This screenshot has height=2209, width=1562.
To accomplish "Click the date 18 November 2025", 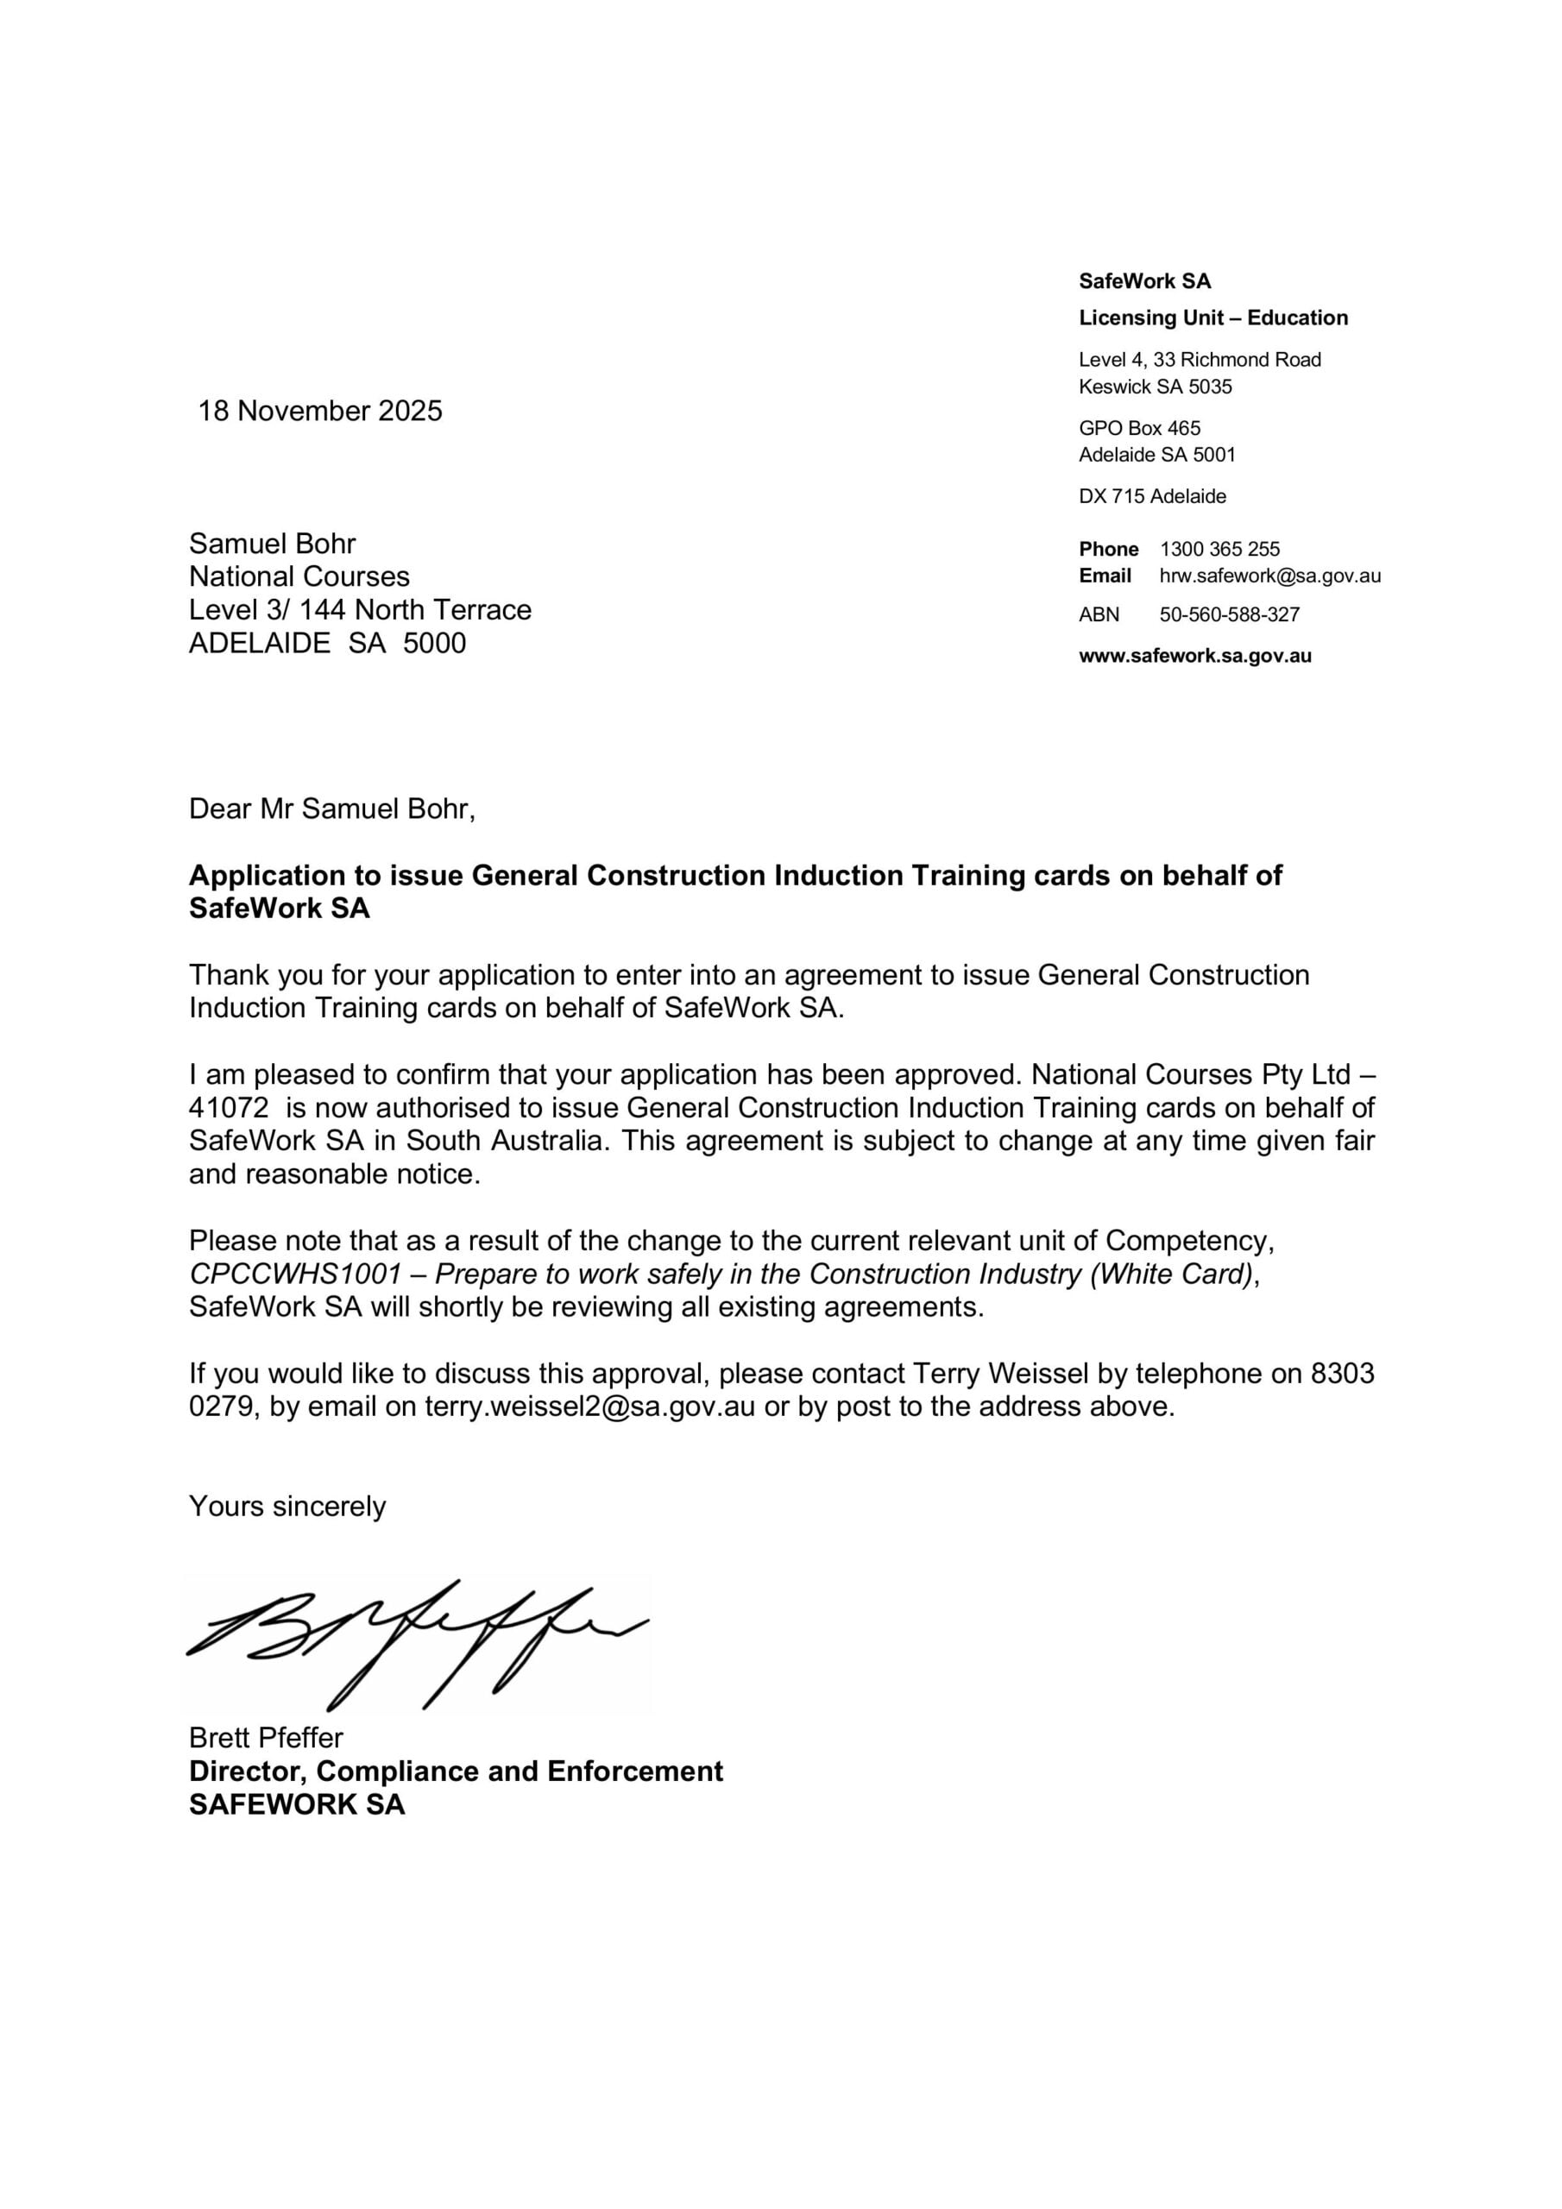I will pyautogui.click(x=319, y=411).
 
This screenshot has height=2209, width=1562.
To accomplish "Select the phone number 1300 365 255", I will pyautogui.click(x=1219, y=550).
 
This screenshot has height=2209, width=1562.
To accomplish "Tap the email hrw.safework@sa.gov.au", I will pyautogui.click(x=1269, y=576).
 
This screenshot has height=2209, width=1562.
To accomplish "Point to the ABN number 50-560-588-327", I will pyautogui.click(x=1229, y=614).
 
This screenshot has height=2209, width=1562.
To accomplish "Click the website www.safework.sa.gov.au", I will pyautogui.click(x=1194, y=656).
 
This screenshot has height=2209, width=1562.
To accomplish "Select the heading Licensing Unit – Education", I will pyautogui.click(x=1212, y=318).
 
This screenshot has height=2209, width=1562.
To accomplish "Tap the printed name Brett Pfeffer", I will pyautogui.click(x=266, y=1738).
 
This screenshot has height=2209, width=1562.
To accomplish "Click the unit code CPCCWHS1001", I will pyautogui.click(x=294, y=1274).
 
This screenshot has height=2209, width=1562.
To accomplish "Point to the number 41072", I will pyautogui.click(x=228, y=1107).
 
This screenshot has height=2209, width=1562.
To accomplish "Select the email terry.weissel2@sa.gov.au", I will pyautogui.click(x=590, y=1407).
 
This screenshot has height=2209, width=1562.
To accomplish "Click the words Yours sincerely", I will pyautogui.click(x=287, y=1506).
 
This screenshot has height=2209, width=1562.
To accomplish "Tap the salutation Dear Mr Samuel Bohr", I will pyautogui.click(x=332, y=809).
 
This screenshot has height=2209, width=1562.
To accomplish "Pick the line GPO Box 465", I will pyautogui.click(x=1139, y=428).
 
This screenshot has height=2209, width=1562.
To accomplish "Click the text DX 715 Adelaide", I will pyautogui.click(x=1152, y=496).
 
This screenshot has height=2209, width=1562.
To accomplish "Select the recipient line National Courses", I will pyautogui.click(x=299, y=576).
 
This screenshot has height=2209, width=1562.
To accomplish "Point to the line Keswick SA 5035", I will pyautogui.click(x=1155, y=387).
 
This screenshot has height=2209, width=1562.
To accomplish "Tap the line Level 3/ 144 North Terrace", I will pyautogui.click(x=360, y=610).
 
